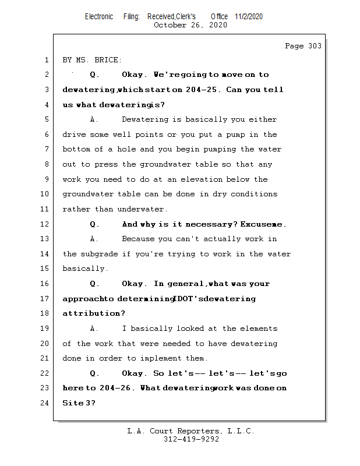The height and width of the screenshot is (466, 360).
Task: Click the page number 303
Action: pos(315,46)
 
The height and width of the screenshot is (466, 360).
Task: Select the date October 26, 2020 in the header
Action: pos(190,25)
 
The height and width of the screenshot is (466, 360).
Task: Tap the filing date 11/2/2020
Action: pos(249,16)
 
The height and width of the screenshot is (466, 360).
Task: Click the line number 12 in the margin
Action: pos(45,224)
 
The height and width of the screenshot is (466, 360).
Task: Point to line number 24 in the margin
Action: pos(45,403)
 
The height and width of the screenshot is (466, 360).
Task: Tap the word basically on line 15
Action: pos(84,269)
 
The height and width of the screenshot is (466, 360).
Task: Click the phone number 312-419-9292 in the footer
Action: pos(191,440)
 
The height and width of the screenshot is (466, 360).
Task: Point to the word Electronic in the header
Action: pos(99,16)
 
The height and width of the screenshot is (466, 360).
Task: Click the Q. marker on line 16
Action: pos(95,284)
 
